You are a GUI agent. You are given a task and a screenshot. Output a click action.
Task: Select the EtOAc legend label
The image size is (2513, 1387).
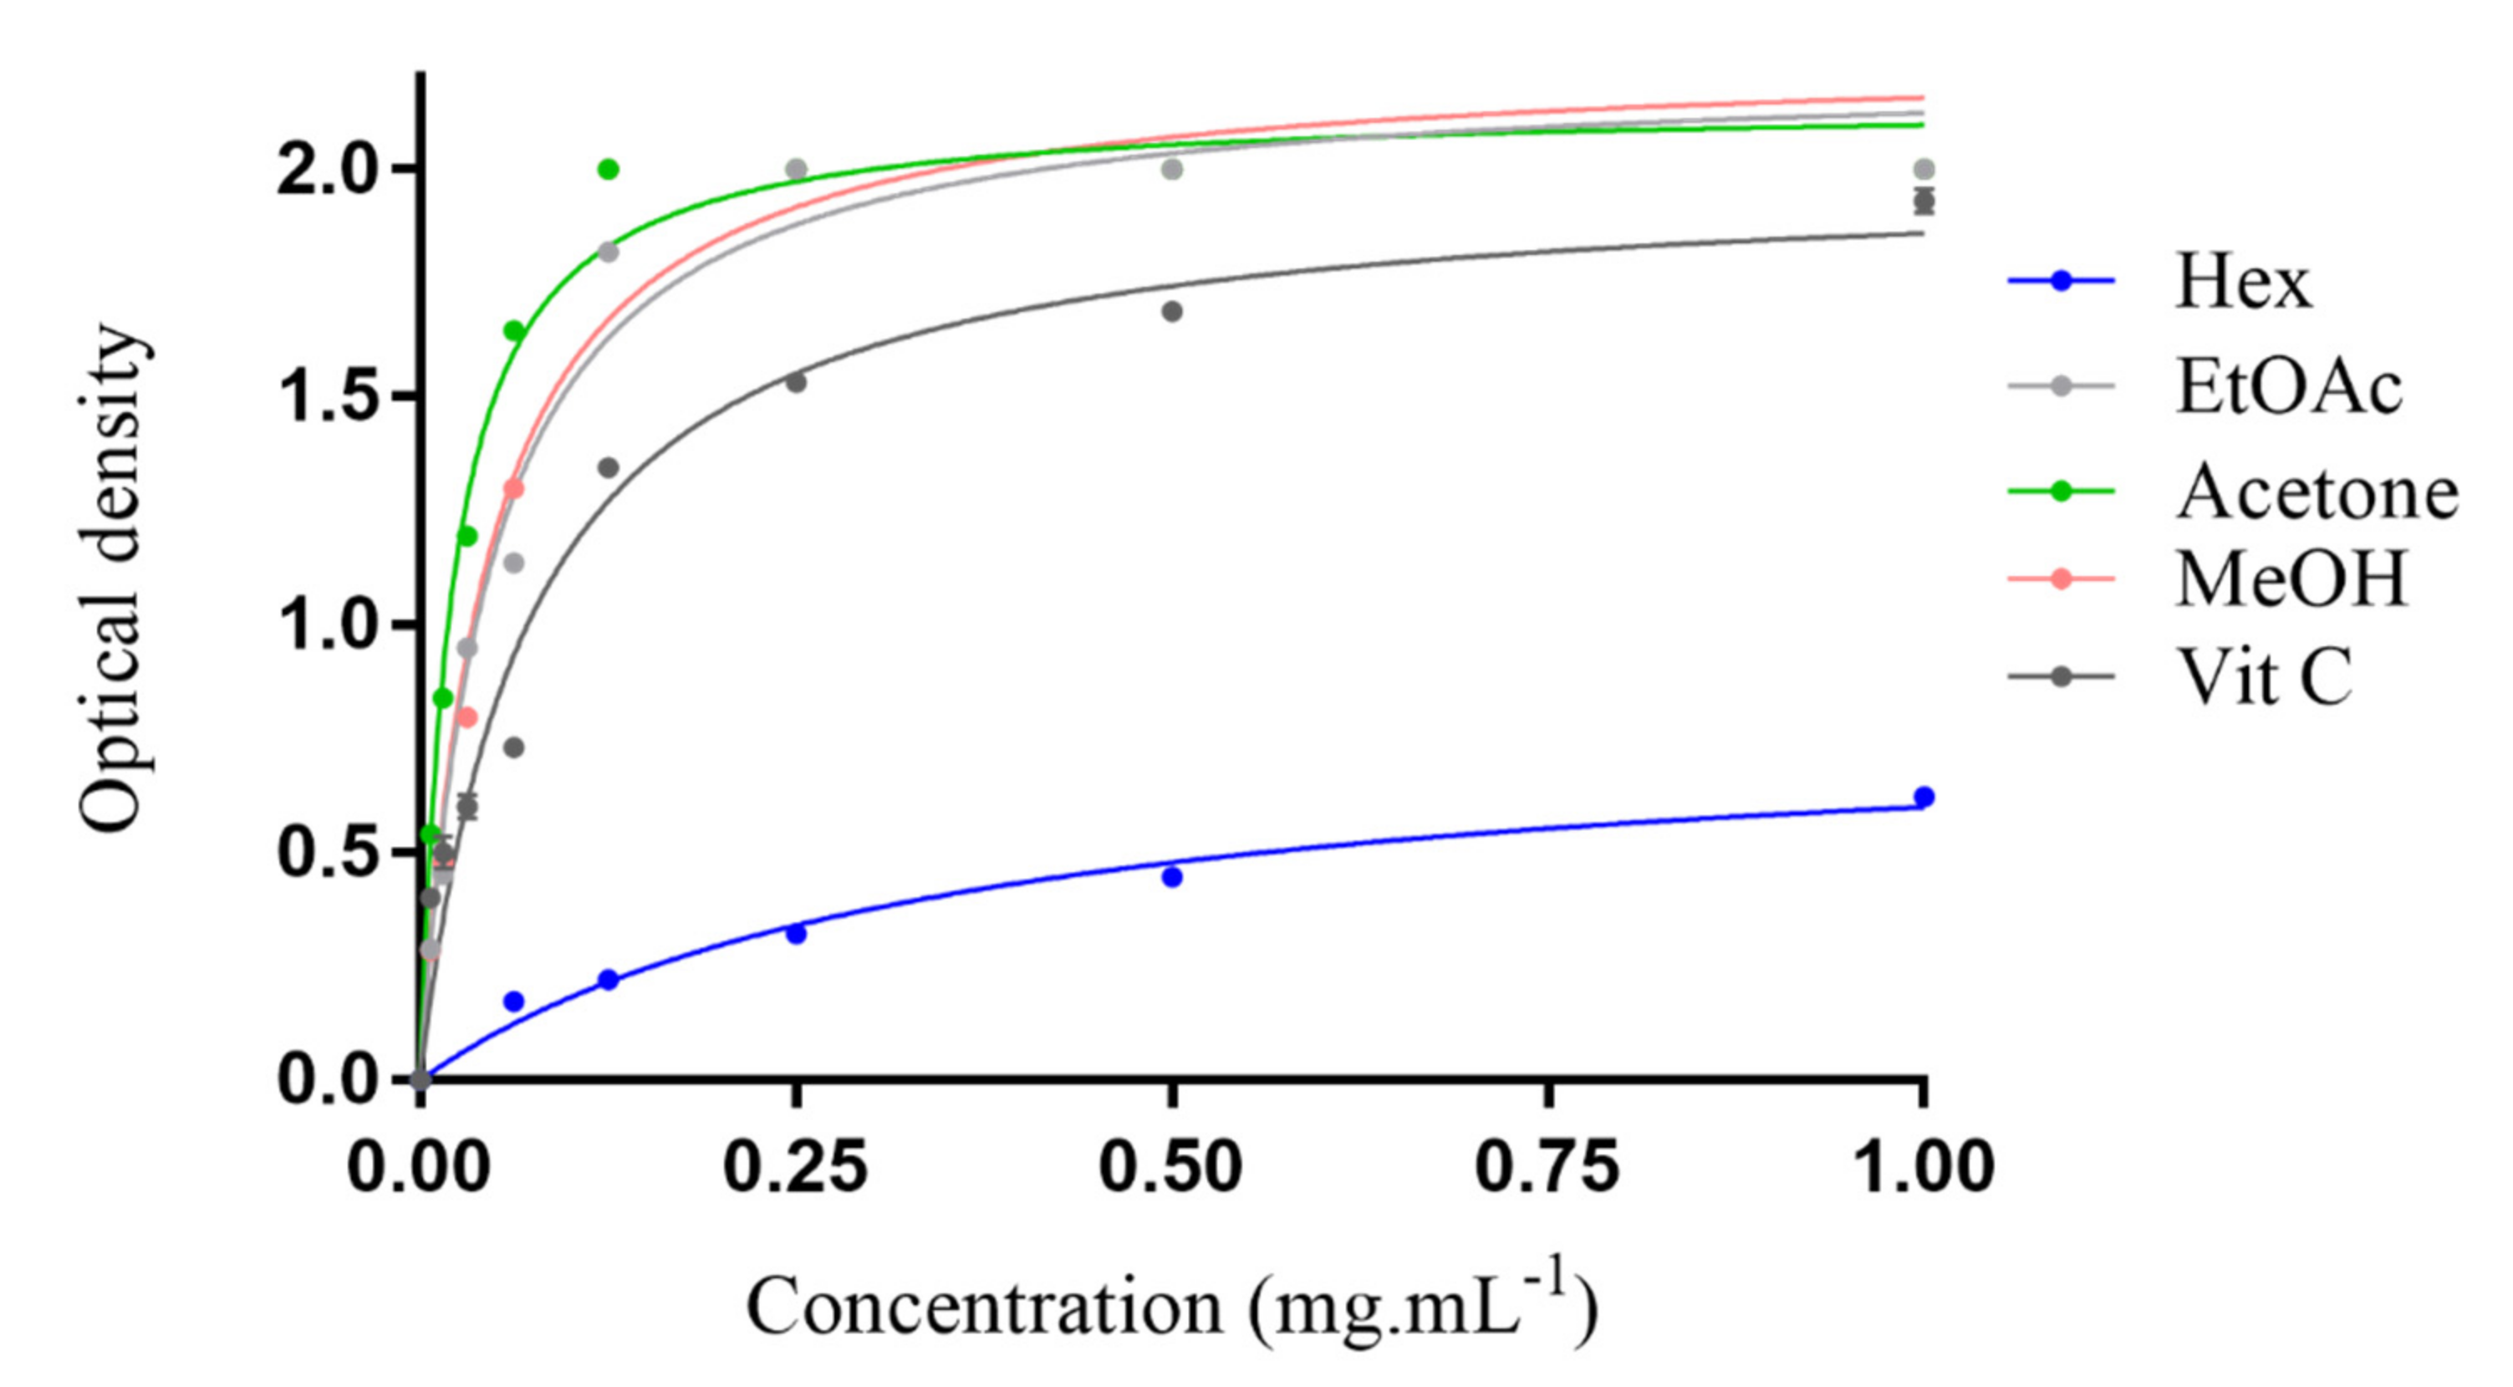point(2287,387)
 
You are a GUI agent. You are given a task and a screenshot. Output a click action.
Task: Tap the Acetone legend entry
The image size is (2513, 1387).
point(2317,492)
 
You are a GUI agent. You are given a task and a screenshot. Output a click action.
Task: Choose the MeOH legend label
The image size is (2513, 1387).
point(2291,579)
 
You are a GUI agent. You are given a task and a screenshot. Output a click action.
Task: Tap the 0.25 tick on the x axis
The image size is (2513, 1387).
point(795,1166)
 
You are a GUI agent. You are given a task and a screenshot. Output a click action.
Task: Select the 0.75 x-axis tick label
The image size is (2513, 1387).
point(1547,1166)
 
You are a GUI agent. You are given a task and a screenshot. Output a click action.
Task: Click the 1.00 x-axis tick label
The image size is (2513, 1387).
point(1922,1166)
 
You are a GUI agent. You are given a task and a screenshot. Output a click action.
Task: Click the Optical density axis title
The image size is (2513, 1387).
point(113,579)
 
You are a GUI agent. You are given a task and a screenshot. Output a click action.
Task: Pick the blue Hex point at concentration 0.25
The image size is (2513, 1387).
point(796,933)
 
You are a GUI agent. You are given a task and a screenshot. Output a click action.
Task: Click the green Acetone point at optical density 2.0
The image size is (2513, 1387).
point(608,170)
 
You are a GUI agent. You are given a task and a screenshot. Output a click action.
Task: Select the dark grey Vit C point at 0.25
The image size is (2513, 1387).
point(796,382)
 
